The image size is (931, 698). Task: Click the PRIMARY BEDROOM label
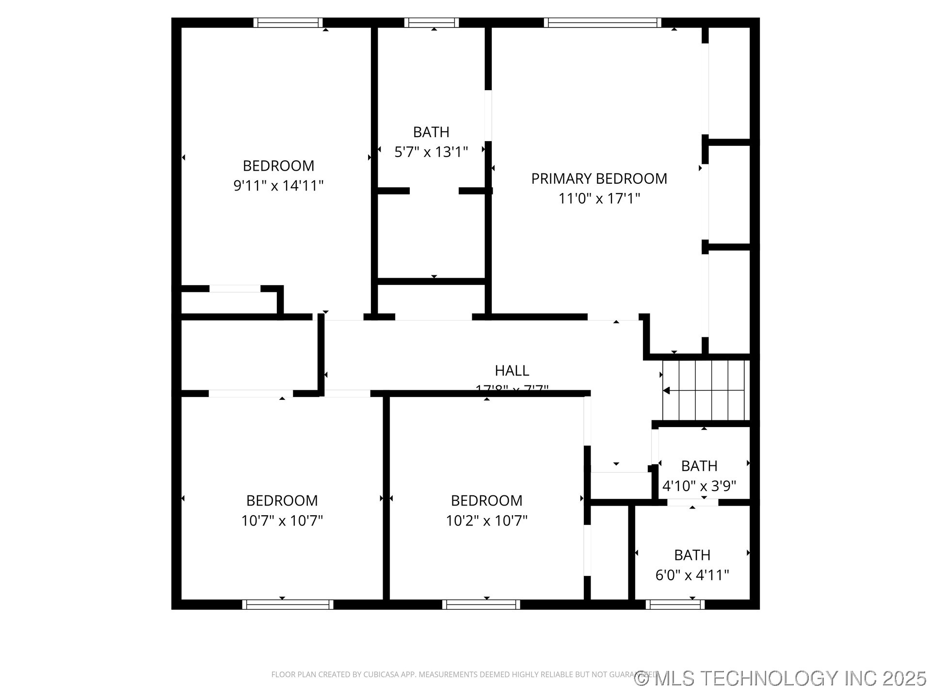[599, 178]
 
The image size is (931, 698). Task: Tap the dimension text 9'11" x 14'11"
[278, 186]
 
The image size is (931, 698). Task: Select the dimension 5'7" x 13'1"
[431, 152]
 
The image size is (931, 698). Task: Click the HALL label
[512, 370]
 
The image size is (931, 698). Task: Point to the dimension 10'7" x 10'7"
[282, 521]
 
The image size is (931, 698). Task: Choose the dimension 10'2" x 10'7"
[486, 521]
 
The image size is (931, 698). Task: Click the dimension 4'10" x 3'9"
[699, 486]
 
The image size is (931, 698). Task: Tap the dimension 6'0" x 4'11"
[692, 575]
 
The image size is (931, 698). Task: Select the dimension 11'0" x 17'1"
[599, 198]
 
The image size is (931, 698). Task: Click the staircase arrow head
[667, 390]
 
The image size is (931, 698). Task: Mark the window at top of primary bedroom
[602, 22]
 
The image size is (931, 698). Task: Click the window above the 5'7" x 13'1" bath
[432, 22]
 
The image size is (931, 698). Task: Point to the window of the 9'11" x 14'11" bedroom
[288, 22]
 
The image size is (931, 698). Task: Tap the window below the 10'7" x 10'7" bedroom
[288, 604]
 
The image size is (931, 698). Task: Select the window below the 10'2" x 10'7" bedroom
[481, 604]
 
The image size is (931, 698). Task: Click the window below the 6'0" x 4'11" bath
[674, 604]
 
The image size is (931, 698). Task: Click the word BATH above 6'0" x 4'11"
[692, 555]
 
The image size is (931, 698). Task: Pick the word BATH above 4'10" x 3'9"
[699, 466]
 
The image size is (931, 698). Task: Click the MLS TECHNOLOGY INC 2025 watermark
[781, 678]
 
